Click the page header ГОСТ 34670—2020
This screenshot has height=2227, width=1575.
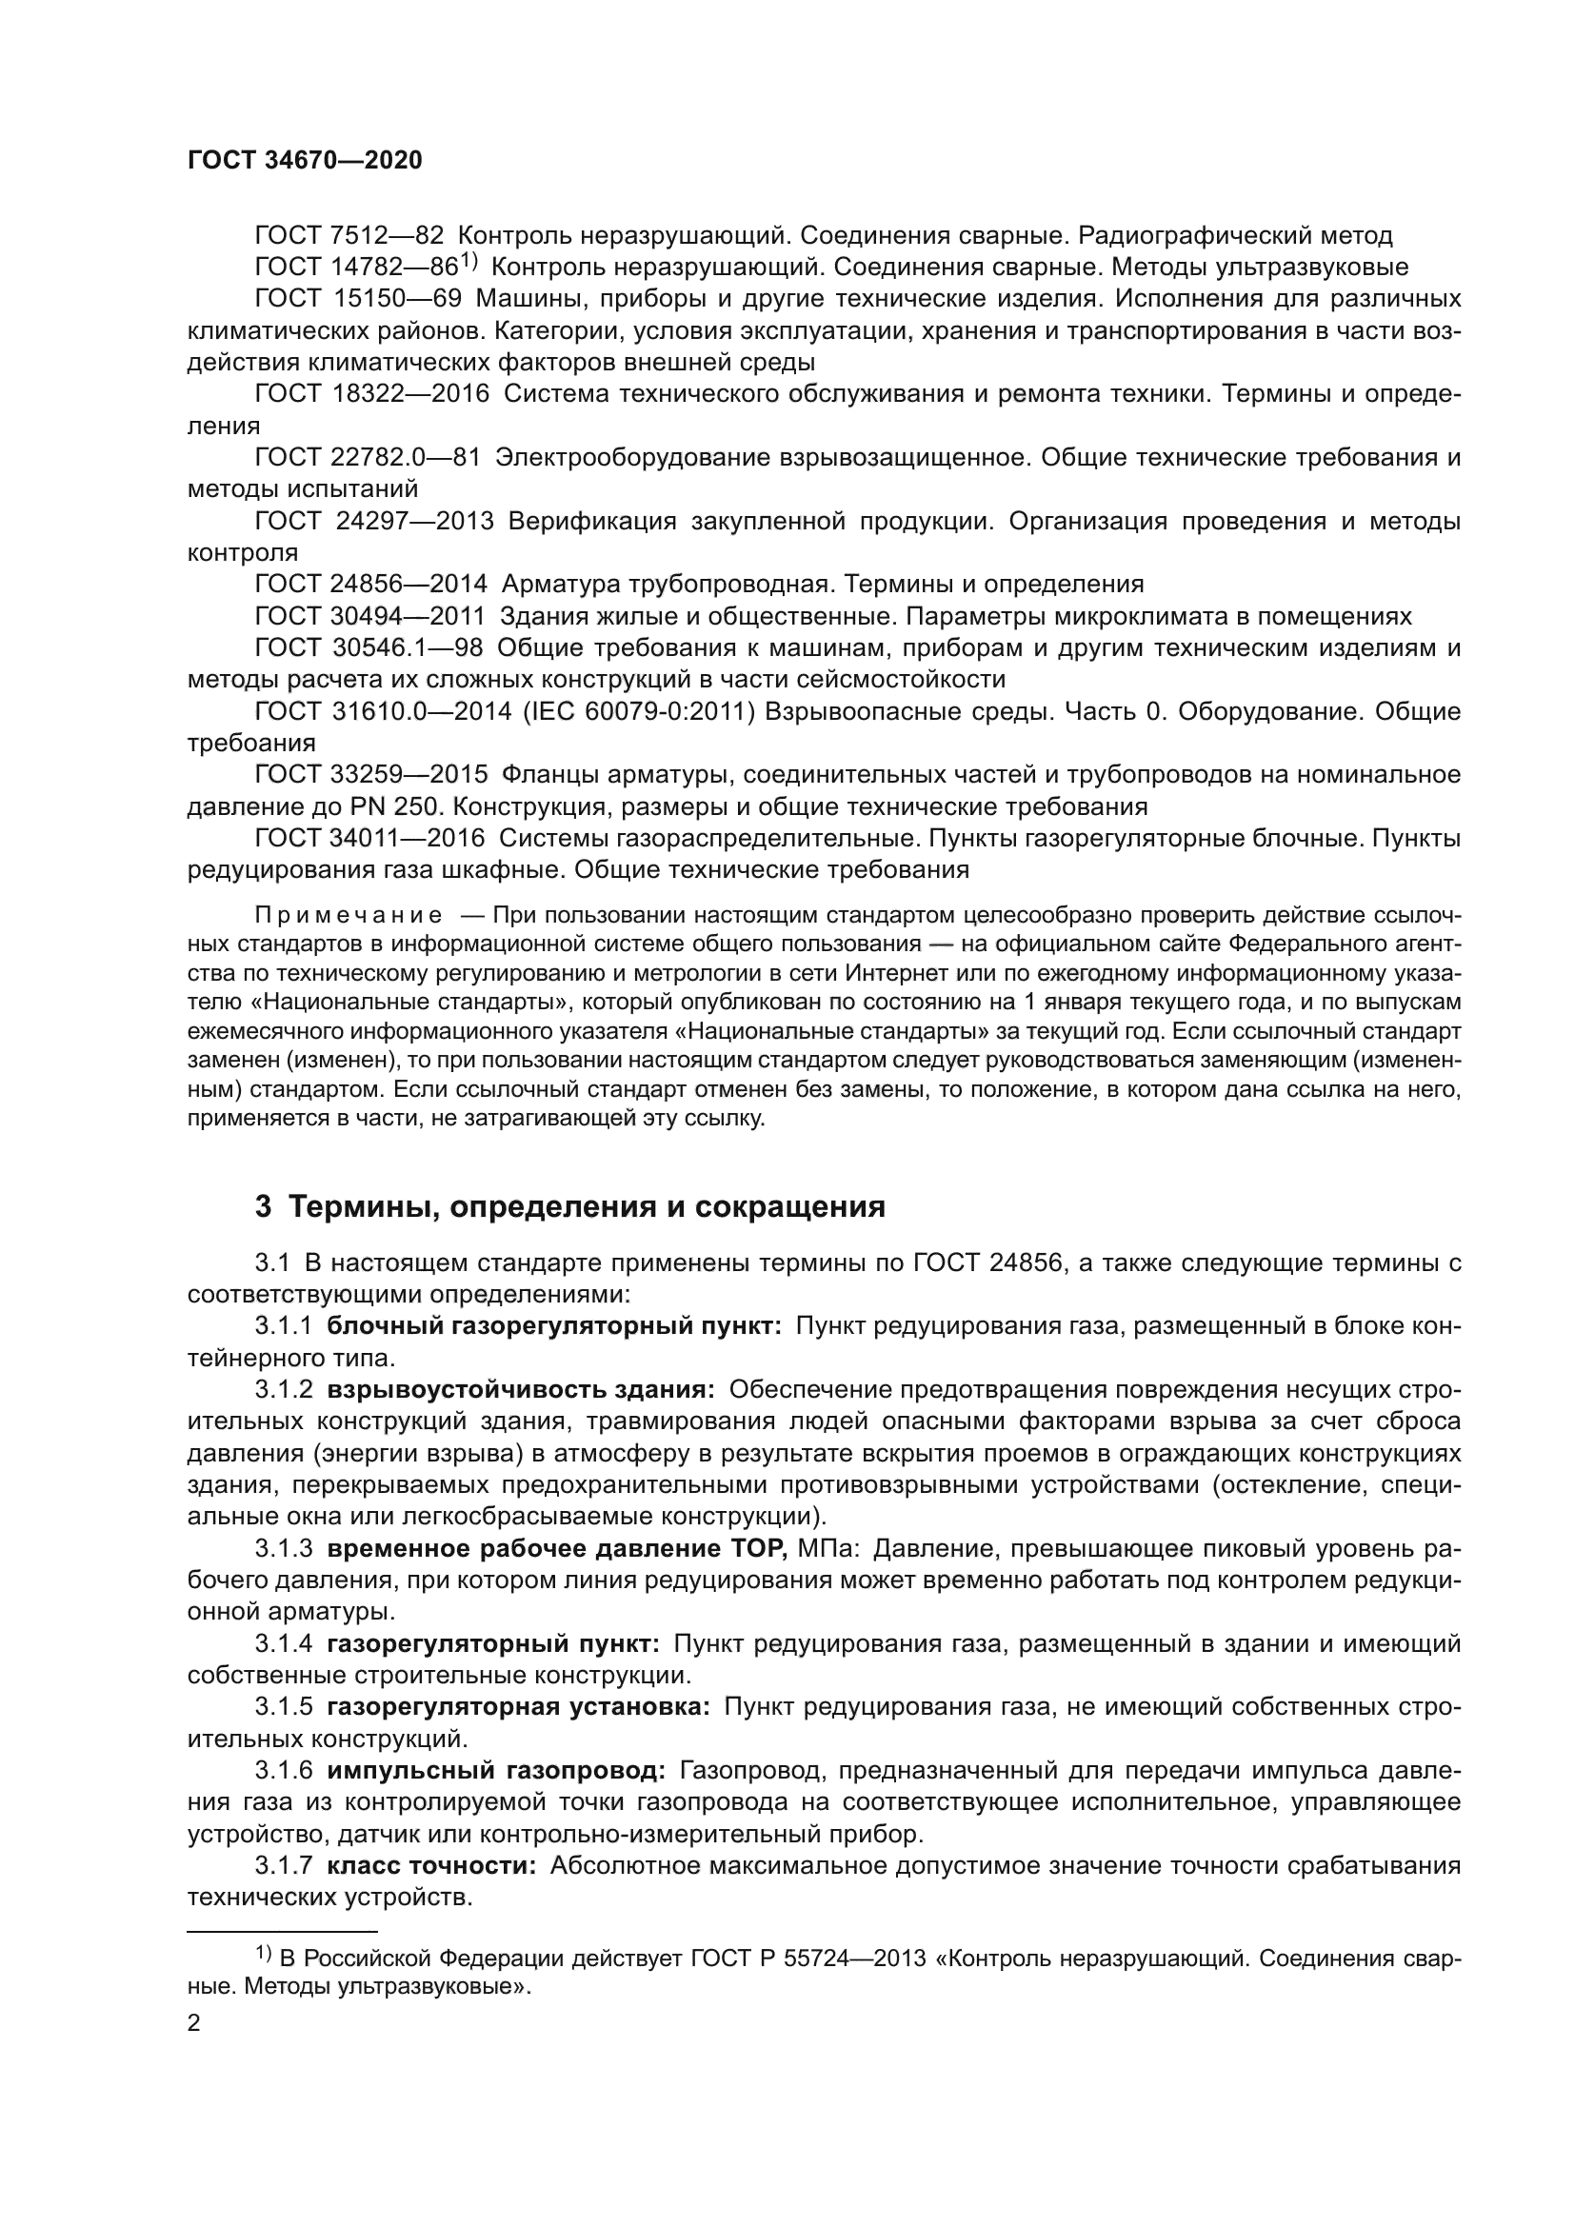[x=305, y=161]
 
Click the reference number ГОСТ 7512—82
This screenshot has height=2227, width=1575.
[x=349, y=236]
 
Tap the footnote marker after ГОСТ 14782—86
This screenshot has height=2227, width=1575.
[x=469, y=261]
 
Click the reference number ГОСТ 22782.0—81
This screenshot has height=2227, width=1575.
[x=368, y=458]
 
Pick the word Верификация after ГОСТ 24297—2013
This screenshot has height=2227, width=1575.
[x=591, y=522]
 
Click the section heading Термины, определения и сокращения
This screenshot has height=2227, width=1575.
[x=587, y=1206]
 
